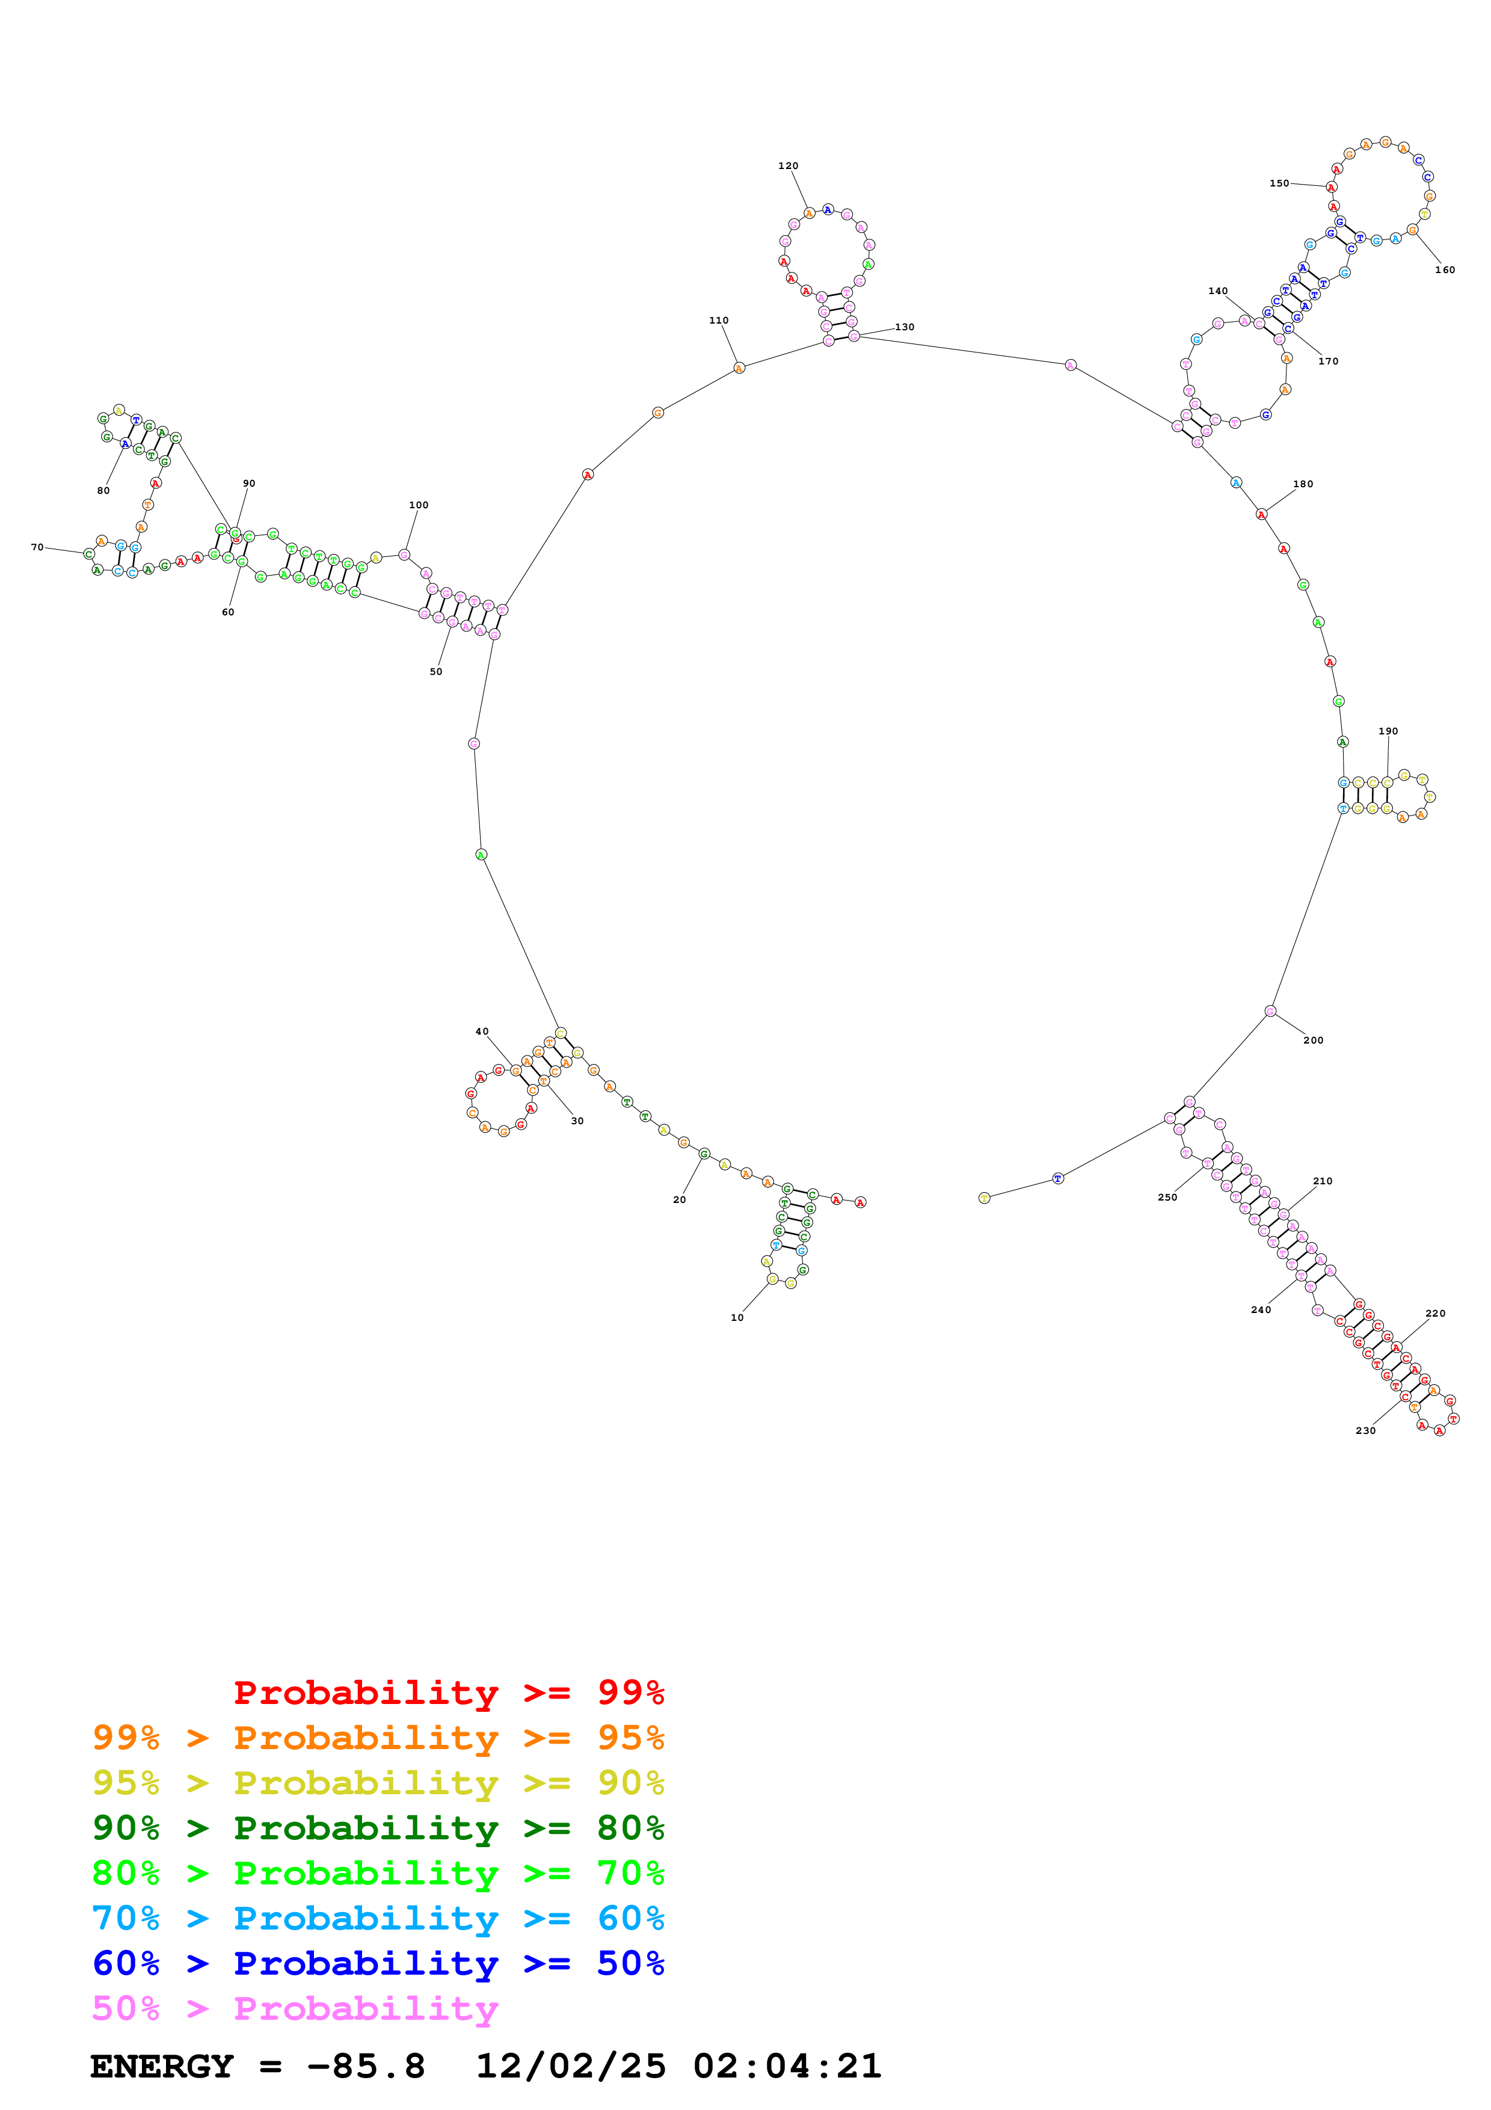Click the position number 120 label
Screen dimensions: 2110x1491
(789, 167)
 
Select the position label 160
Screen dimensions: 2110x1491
(1445, 270)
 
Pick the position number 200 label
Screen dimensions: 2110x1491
(1313, 1041)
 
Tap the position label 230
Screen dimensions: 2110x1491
(1365, 1431)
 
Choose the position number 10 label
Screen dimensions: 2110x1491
(737, 1318)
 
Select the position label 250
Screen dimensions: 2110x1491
(1167, 1198)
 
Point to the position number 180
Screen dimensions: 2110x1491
(1303, 484)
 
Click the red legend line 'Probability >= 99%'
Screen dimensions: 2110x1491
(448, 1693)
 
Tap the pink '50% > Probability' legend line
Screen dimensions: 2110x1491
(294, 2009)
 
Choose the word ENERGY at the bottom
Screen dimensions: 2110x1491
(162, 2066)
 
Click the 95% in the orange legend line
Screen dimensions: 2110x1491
(630, 1738)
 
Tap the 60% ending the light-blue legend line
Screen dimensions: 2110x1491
(630, 1918)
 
